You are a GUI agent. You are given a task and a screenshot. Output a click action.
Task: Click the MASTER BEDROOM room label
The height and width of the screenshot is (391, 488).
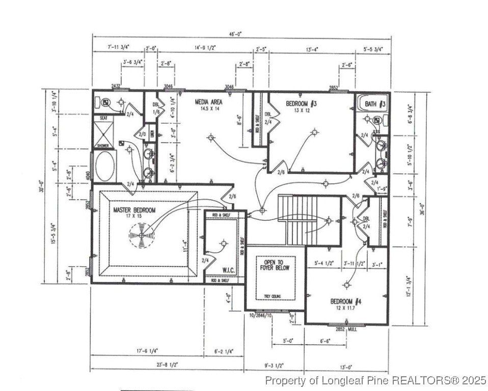coord(127,210)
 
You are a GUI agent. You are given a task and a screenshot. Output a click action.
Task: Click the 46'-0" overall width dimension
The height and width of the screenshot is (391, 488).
coord(235,34)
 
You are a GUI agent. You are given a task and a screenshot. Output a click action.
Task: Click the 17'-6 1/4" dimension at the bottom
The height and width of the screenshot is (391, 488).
coord(147,351)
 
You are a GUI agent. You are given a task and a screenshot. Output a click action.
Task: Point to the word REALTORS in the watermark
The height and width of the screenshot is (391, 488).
coord(425,380)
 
